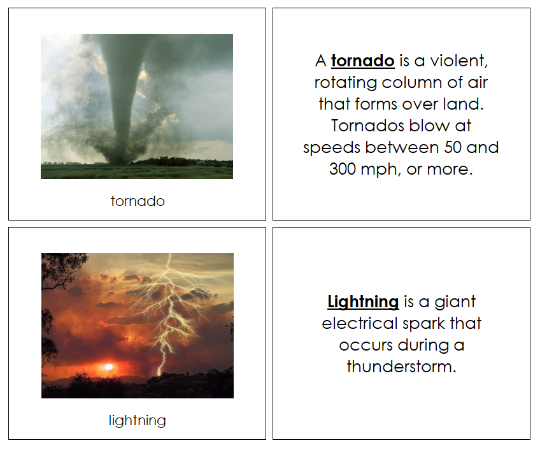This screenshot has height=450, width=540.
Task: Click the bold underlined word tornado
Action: click(x=362, y=61)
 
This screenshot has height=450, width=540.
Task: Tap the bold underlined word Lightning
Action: click(x=363, y=301)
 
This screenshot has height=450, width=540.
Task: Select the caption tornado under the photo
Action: click(x=138, y=201)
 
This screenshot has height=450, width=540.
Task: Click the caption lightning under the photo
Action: click(x=138, y=421)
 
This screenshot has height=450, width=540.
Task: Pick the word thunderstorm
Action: click(x=402, y=367)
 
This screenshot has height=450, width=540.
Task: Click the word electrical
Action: click(x=360, y=323)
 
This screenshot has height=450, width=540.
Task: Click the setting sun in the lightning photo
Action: click(x=108, y=367)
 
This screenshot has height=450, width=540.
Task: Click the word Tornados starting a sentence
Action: click(x=360, y=126)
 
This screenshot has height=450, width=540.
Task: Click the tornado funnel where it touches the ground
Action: click(x=118, y=159)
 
